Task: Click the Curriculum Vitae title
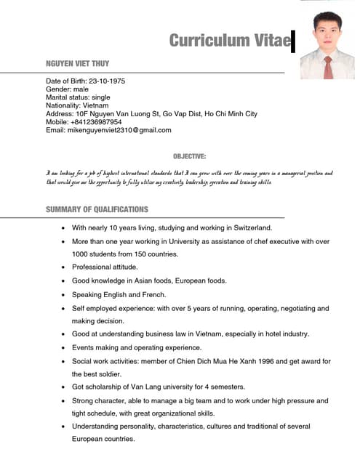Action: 229,41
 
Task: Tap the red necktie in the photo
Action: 329,67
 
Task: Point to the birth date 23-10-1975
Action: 107,81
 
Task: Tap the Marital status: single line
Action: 78,97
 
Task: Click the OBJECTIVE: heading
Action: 189,156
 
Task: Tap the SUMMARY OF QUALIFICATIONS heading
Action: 97,209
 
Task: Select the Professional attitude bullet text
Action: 105,267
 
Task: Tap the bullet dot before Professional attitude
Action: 64,267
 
